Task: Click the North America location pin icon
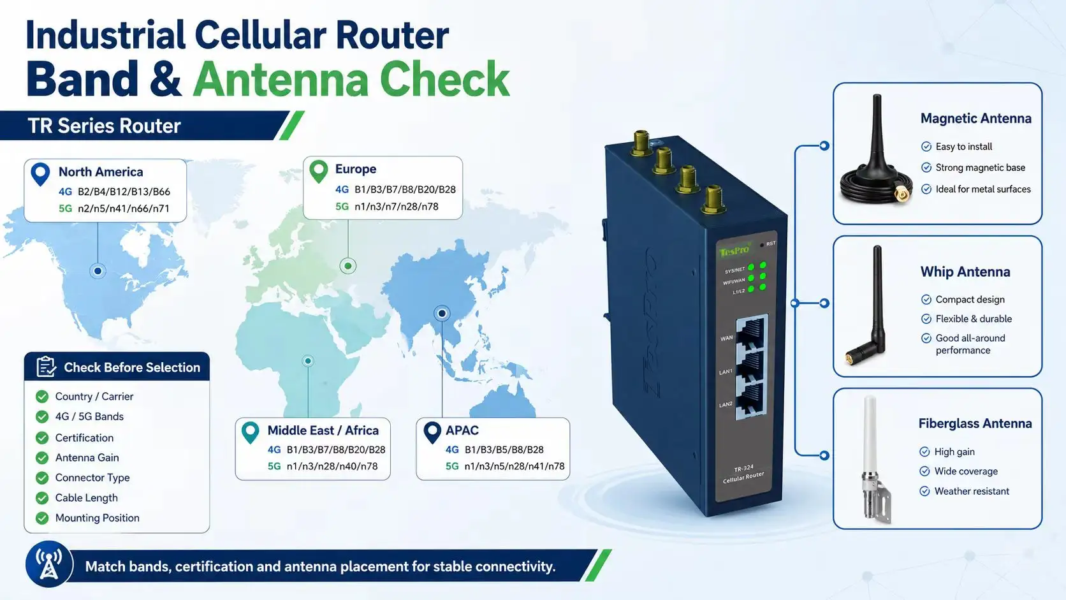(40, 174)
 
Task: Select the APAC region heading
(462, 430)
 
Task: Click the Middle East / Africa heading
(323, 430)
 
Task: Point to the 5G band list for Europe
(397, 207)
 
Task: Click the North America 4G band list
(124, 191)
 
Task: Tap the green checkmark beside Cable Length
(42, 498)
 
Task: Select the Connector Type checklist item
(92, 477)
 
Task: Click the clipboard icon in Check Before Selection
(47, 367)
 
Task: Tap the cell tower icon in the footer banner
(49, 564)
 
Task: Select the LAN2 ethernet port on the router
(752, 400)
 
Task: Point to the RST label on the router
(771, 244)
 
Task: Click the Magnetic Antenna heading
(975, 119)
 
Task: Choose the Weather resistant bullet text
(972, 491)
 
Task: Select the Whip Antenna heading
(965, 272)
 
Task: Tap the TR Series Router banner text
(104, 126)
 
